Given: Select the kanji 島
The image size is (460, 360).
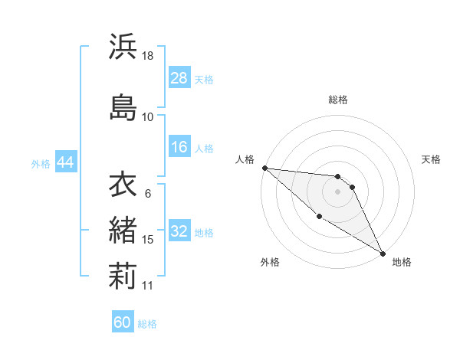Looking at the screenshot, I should pos(123,106).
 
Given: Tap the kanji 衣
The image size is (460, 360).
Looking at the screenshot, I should pos(123,185).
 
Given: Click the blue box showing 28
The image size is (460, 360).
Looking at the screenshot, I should pos(179,77).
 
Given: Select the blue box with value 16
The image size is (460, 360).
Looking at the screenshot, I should pos(179,147).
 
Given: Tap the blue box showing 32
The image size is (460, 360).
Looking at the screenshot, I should pos(179,231).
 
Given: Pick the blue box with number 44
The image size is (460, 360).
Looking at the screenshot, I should pos(66,162).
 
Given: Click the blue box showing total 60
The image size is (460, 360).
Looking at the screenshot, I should pos(123,322).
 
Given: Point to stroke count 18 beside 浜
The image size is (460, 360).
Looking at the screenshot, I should pos(148,57).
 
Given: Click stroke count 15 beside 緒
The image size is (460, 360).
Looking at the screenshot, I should pos(148,240).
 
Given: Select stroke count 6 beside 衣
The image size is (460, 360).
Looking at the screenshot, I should pos(148,194).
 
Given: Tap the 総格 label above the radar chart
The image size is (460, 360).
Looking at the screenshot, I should pos(338,100).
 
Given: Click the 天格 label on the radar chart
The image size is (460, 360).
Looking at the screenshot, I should pos(432,159).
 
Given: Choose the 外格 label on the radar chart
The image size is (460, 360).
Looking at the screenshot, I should pos(270,262).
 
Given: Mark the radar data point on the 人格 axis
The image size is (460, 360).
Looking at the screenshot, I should pos(264,167).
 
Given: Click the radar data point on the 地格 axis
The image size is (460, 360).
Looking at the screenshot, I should pos(383,254).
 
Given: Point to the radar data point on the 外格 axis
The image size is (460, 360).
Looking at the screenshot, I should pos(319,216).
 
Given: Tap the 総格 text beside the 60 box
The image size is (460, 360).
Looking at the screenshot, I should pos(147,324).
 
